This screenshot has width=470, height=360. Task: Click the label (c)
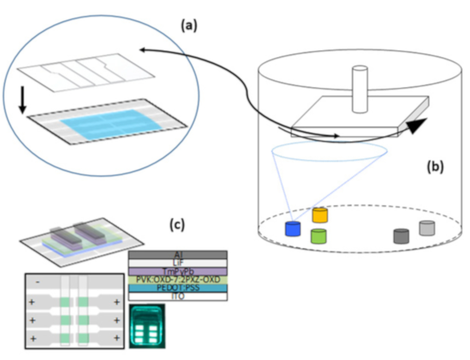(x=177, y=225)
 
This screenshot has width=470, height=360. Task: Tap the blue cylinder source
(x=292, y=228)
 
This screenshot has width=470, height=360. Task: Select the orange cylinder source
(x=320, y=215)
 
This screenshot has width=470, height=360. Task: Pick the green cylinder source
(x=318, y=235)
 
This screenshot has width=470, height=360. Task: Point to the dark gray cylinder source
(x=401, y=236)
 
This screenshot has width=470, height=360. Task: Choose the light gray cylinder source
(x=427, y=228)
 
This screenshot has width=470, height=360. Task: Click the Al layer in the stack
(x=178, y=254)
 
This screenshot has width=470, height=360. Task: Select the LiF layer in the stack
(x=178, y=263)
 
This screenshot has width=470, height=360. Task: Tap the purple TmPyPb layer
(x=178, y=271)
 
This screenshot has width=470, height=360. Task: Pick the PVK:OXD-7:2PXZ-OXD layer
(x=178, y=280)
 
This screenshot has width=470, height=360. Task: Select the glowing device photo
(x=147, y=326)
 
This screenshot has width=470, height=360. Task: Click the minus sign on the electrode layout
(x=38, y=282)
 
